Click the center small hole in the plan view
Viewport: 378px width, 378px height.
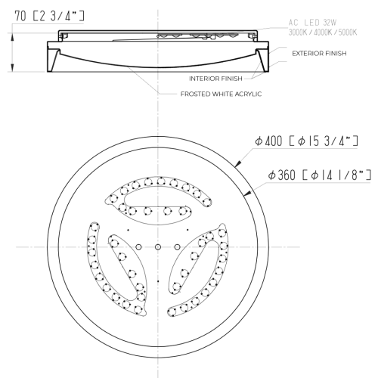point(157,247)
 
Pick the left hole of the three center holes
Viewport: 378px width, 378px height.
point(139,247)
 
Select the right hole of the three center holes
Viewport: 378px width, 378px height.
point(176,247)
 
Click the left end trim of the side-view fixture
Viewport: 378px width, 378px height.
point(53,57)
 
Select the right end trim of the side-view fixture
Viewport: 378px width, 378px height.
point(262,57)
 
